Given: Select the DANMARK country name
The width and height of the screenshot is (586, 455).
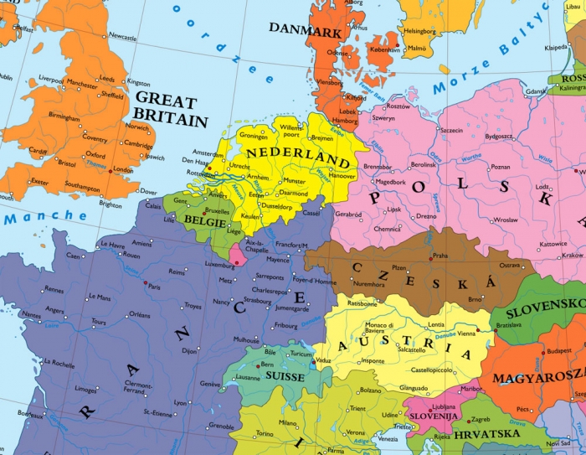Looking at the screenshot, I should [305, 30].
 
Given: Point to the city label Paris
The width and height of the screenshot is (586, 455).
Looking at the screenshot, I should [154, 287].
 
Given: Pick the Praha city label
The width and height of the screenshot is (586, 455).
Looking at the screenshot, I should [442, 256].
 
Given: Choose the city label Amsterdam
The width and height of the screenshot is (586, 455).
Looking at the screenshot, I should [208, 153].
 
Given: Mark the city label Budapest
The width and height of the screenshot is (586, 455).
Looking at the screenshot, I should [559, 350].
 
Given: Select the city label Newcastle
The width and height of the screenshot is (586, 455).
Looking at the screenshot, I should [122, 37].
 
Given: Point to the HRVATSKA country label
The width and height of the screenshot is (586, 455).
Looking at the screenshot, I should [486, 433].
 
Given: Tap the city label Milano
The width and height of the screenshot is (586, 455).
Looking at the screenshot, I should [288, 423].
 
